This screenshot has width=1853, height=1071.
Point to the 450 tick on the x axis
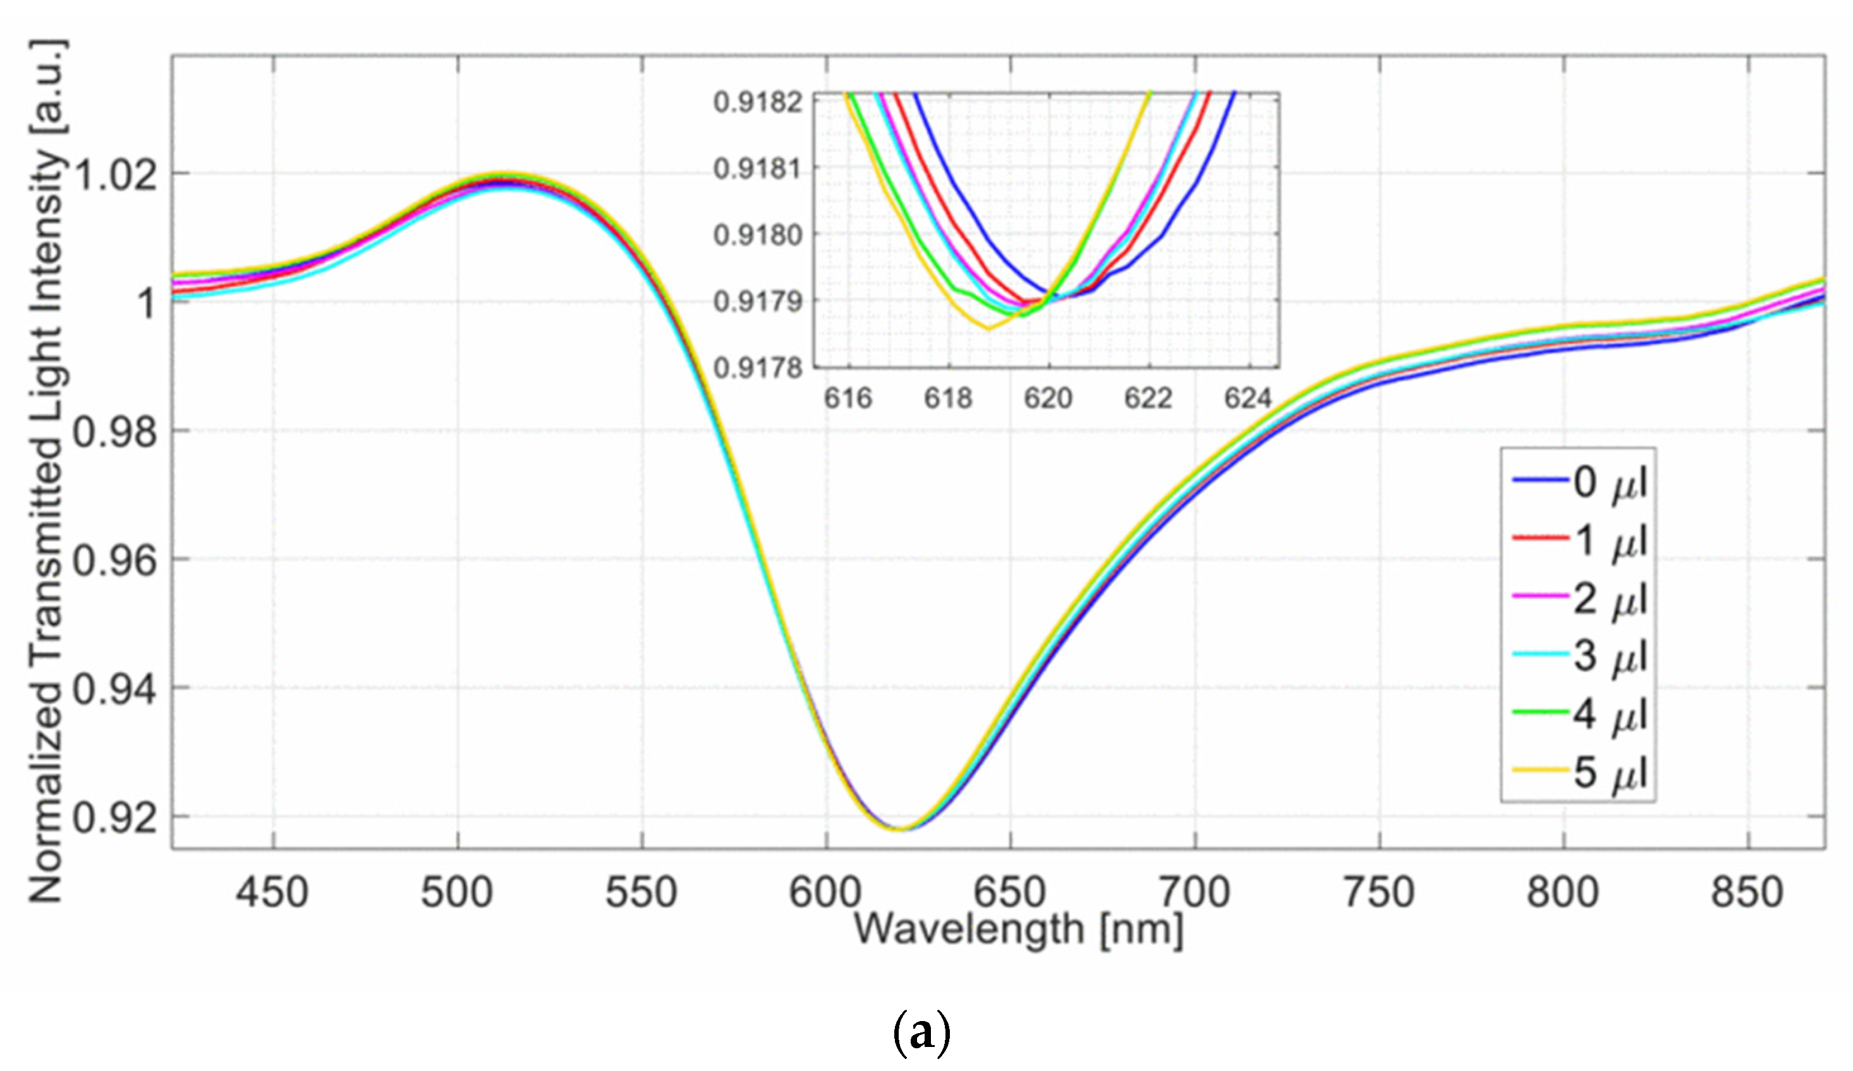(272, 893)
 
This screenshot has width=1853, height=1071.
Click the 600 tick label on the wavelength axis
(825, 893)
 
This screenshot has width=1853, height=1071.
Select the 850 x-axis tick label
(1747, 893)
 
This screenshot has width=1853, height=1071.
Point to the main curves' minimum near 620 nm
(899, 829)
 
